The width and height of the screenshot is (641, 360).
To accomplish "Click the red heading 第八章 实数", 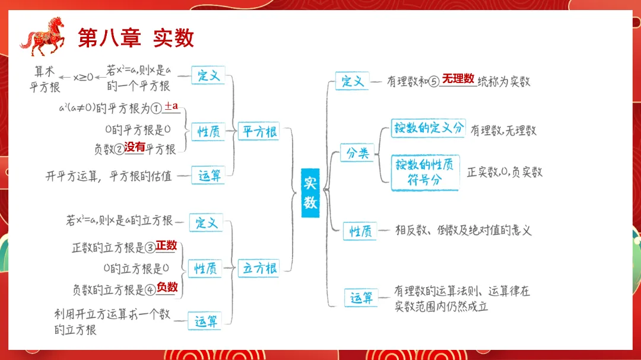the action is [136, 38].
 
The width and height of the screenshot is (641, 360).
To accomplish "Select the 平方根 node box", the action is [259, 132].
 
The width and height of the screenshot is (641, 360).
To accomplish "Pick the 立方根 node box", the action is [259, 268].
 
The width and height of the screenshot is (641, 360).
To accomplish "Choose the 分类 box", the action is [357, 153].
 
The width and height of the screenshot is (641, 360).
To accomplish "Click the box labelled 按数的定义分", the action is [427, 128].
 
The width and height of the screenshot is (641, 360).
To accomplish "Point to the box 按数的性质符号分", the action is [425, 173].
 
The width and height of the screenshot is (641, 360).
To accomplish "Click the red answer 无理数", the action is [458, 78].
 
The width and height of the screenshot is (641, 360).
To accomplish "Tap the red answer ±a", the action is [172, 106].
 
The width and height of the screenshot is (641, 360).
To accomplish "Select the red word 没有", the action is [135, 147].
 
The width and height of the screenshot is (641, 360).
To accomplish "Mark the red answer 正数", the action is [167, 245].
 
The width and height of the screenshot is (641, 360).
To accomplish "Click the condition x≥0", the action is [83, 77].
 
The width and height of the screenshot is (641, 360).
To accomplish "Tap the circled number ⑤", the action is [433, 82].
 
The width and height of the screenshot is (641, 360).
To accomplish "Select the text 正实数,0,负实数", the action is [504, 172].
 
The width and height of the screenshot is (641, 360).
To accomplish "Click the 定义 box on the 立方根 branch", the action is [206, 223].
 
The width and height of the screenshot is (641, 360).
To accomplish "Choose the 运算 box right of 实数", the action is [361, 298].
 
